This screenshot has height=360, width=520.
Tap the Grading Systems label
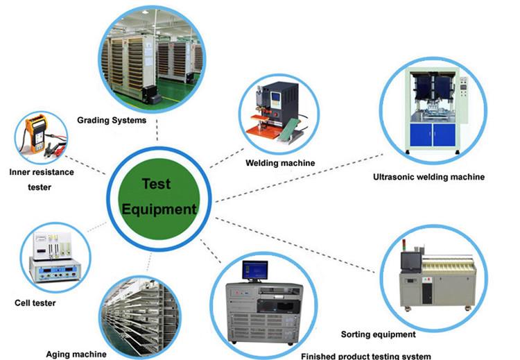click(112, 120)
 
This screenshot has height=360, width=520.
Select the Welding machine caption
click(280, 163)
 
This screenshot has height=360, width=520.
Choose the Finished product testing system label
click(366, 356)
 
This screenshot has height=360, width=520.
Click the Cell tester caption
click(35, 302)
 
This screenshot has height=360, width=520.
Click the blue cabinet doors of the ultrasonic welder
click(432, 132)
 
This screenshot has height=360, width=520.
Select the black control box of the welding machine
click(284, 101)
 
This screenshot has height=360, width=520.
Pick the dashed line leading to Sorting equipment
click(298, 240)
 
